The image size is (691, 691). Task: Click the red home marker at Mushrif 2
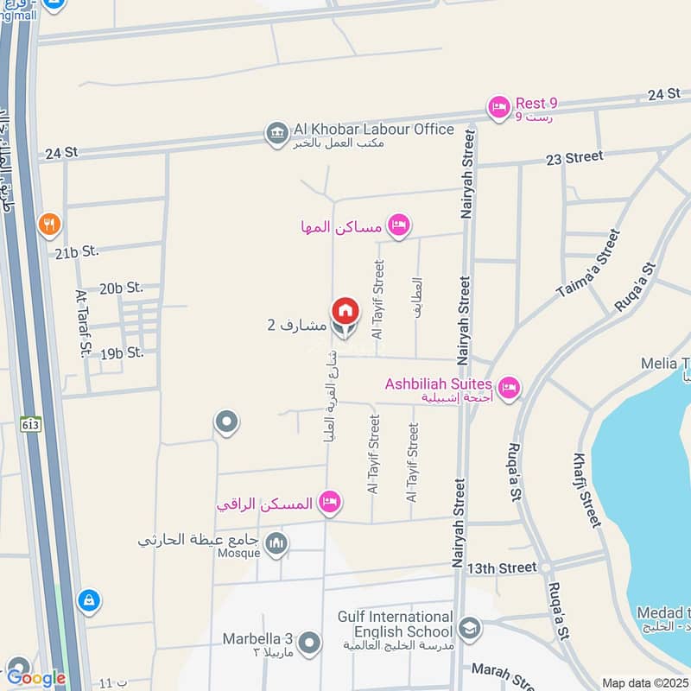coord(344,310)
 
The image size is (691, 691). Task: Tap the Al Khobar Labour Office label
coord(373,130)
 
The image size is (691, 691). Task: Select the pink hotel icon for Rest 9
coord(498,107)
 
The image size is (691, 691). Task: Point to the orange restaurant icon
coord(49,225)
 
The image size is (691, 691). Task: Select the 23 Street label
coord(574,157)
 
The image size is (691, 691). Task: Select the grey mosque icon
coord(276,543)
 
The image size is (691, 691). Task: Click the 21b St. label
coord(77,251)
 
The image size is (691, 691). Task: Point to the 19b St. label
coord(121,352)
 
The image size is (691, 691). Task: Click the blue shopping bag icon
coord(88,600)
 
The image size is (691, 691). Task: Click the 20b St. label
coord(121,288)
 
